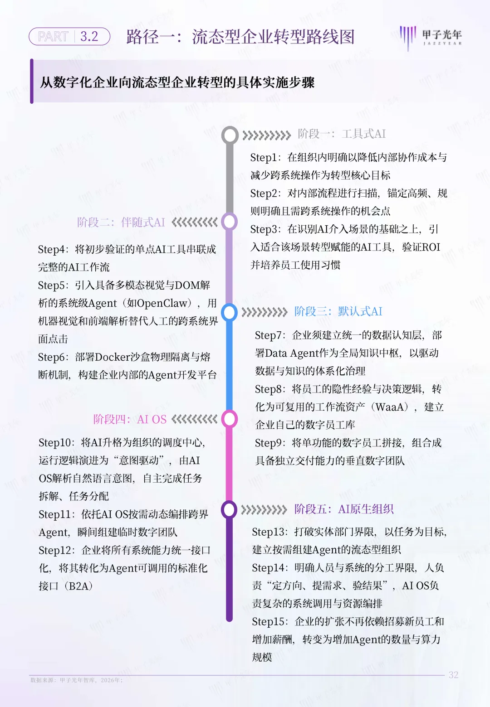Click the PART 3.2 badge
click(x=69, y=36)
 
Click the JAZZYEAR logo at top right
click(x=431, y=37)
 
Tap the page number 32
click(x=453, y=675)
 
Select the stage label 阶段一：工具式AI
click(x=342, y=134)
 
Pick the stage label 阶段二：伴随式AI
click(x=121, y=222)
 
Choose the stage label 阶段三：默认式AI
click(x=338, y=312)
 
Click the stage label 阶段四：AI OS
click(x=130, y=419)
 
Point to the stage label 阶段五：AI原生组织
click(x=343, y=509)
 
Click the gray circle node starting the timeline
click(x=230, y=135)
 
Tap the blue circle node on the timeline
click(x=229, y=312)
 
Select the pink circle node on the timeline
click(x=229, y=419)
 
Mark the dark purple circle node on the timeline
click(x=229, y=510)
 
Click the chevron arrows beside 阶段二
click(x=194, y=222)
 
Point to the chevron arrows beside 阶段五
click(x=264, y=510)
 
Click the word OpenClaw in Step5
click(x=162, y=303)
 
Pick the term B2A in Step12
click(x=78, y=586)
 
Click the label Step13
click(x=269, y=532)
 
